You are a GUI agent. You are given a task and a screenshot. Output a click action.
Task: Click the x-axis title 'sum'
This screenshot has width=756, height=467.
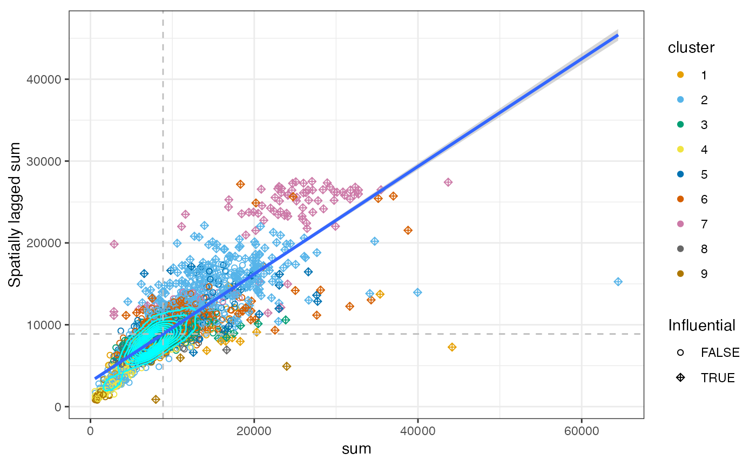(356, 449)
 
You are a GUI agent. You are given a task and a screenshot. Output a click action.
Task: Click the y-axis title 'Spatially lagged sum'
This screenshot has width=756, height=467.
(16, 215)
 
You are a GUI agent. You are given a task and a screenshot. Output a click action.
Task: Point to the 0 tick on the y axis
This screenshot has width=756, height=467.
(57, 407)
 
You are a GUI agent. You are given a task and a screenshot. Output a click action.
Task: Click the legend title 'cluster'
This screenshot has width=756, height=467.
(691, 48)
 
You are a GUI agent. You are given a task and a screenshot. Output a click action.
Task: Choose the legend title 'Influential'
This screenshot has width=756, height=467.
(701, 325)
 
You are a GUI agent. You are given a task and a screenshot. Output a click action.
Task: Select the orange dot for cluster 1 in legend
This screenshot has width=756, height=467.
(680, 75)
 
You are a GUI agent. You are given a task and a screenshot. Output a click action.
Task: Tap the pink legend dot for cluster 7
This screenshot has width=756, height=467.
(680, 224)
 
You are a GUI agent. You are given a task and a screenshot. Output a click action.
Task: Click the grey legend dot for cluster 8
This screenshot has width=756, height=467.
(680, 249)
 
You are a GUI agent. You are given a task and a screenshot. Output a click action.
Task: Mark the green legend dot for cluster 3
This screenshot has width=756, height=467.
(680, 125)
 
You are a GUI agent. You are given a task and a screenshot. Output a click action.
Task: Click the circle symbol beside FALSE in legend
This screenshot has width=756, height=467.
(680, 353)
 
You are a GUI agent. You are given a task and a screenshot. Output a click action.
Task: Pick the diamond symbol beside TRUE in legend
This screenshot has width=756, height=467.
(680, 377)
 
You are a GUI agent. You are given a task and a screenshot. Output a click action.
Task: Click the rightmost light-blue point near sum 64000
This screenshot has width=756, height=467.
(618, 282)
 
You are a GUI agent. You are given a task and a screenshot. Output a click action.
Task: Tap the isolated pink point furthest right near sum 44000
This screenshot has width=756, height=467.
(448, 182)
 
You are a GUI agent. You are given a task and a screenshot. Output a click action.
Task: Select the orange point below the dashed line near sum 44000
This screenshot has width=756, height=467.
(452, 347)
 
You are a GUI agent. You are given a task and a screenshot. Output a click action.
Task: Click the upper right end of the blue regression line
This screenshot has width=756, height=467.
(617, 36)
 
